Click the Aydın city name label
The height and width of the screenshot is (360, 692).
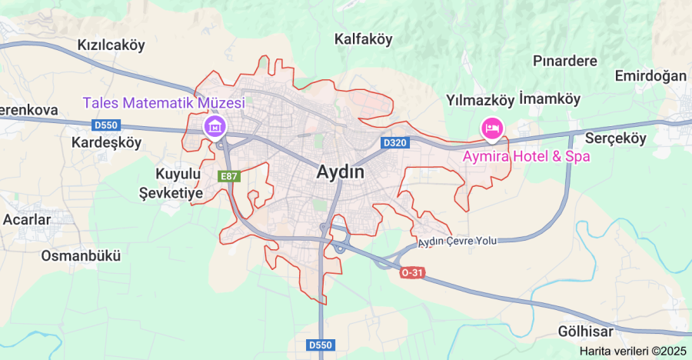pos(341,173)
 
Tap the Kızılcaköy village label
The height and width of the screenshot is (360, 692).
pos(111,45)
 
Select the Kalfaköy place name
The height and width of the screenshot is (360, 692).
pos(364,38)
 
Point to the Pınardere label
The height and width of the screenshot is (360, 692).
pos(565,59)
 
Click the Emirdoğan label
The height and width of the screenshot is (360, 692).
pos(650,75)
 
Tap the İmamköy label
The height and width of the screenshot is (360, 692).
pos(550,99)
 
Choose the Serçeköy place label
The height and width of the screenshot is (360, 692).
pos(616,138)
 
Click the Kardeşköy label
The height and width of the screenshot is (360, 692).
pos(106,142)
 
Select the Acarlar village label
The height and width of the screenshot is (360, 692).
pos(27,219)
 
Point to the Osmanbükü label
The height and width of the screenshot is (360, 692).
pos(81,255)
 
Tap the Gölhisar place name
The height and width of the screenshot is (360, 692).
pos(587,332)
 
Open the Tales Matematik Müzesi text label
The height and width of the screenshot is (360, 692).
pos(164,102)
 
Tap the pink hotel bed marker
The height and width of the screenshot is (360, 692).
pos(491,128)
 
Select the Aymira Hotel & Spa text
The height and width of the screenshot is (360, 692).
pos(527,156)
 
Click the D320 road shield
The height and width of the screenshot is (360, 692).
pos(394,143)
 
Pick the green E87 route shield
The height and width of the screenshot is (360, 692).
pos(229,176)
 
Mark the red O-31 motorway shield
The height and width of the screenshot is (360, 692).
pos(412,273)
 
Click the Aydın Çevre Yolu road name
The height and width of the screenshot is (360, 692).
pos(457,242)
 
